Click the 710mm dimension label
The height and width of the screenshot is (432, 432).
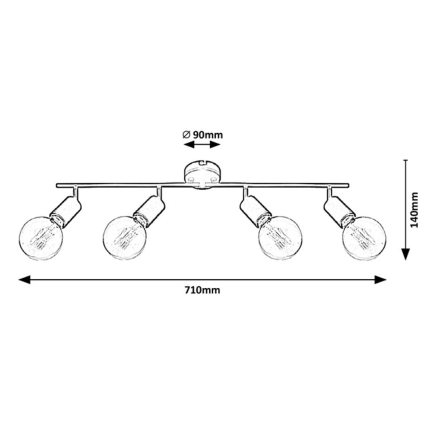point(202,290)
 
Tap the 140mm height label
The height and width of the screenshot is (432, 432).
point(416,210)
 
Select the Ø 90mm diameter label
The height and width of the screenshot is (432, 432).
point(202,135)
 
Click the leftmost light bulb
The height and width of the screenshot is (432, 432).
point(41,238)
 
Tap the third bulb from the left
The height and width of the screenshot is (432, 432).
point(279,238)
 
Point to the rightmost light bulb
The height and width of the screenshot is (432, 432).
point(364,238)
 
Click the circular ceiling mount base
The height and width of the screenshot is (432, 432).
point(203,174)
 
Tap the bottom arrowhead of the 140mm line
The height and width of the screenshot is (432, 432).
point(405,254)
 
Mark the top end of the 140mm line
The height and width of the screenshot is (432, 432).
point(405,160)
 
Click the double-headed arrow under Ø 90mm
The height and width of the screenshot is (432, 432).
point(202,145)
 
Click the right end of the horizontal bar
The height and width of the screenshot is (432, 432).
point(348,185)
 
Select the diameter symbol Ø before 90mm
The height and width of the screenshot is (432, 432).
point(186,135)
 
